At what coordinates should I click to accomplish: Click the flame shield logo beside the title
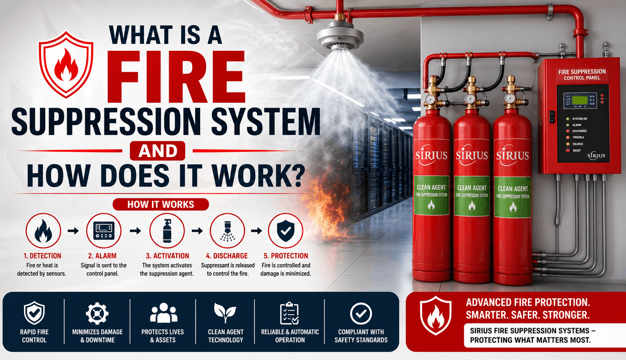(x=66, y=64)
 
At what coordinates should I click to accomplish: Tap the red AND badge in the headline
(x=157, y=151)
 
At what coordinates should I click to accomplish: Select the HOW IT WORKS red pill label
(x=161, y=204)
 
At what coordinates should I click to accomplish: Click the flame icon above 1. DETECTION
(x=43, y=231)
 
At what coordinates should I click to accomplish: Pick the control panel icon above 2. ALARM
(x=104, y=231)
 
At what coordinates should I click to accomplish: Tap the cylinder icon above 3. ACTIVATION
(x=167, y=231)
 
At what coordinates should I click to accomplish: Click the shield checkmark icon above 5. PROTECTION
(x=285, y=231)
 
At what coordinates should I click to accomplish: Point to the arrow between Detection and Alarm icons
(x=73, y=231)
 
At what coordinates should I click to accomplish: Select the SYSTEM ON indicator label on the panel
(x=579, y=119)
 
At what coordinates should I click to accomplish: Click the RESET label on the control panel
(x=577, y=150)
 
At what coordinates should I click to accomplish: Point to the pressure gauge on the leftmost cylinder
(x=430, y=99)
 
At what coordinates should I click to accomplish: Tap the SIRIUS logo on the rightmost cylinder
(x=512, y=154)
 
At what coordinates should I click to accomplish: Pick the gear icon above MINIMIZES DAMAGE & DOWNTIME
(x=97, y=313)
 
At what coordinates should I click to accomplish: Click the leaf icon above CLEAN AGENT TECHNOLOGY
(x=225, y=313)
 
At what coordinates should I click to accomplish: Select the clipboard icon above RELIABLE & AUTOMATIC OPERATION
(x=290, y=313)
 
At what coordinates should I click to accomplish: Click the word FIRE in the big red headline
(x=176, y=77)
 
